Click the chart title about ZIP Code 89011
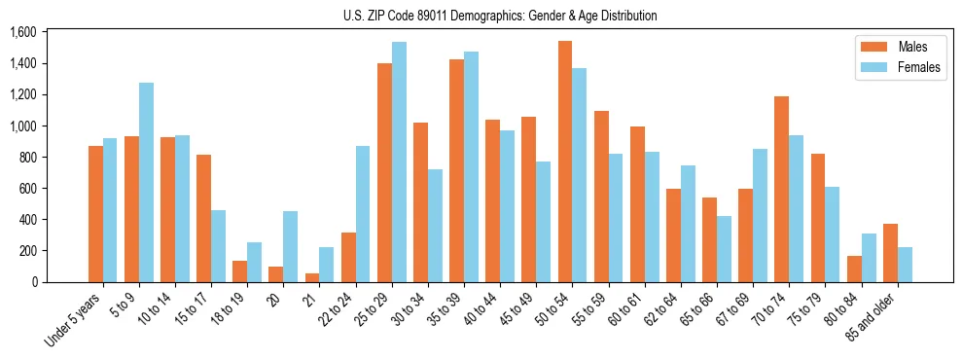pyautogui.click(x=500, y=16)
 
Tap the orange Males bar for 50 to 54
pyautogui.click(x=565, y=162)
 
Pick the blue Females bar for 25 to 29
pyautogui.click(x=399, y=162)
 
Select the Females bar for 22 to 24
pyautogui.click(x=363, y=214)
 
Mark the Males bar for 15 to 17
pyautogui.click(x=203, y=218)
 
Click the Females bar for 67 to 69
pyautogui.click(x=760, y=215)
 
